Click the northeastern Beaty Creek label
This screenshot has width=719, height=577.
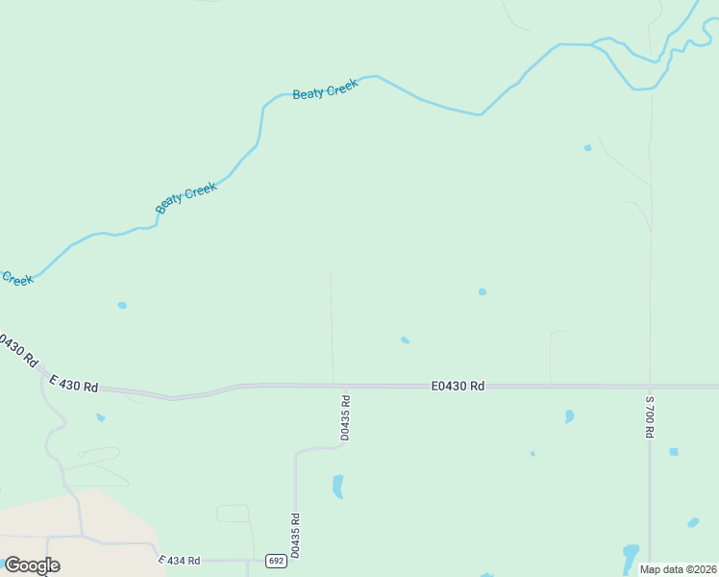click(x=325, y=90)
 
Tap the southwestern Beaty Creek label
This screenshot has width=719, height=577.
click(x=186, y=198)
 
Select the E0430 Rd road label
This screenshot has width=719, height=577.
click(x=458, y=386)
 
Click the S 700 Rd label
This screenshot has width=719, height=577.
click(x=650, y=416)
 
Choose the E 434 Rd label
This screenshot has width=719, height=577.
click(x=179, y=560)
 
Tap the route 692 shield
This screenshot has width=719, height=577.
click(x=275, y=561)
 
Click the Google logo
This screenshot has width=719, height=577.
click(x=31, y=565)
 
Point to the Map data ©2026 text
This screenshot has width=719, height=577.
click(x=678, y=569)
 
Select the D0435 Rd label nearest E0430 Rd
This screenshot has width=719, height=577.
click(x=345, y=417)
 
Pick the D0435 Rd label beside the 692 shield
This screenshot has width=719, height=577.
click(x=295, y=535)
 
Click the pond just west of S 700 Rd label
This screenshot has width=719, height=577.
click(x=569, y=416)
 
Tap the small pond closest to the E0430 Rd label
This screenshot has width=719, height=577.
click(x=405, y=339)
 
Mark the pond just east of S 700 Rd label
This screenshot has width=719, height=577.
click(x=674, y=451)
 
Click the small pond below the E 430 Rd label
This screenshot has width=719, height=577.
click(x=100, y=417)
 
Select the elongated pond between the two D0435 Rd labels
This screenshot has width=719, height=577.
click(x=337, y=486)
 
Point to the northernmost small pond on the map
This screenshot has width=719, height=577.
click(x=587, y=148)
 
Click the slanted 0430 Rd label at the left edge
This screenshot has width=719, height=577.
click(x=17, y=351)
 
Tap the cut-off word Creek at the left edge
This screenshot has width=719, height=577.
click(x=16, y=279)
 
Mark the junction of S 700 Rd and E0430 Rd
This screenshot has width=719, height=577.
click(x=650, y=386)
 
